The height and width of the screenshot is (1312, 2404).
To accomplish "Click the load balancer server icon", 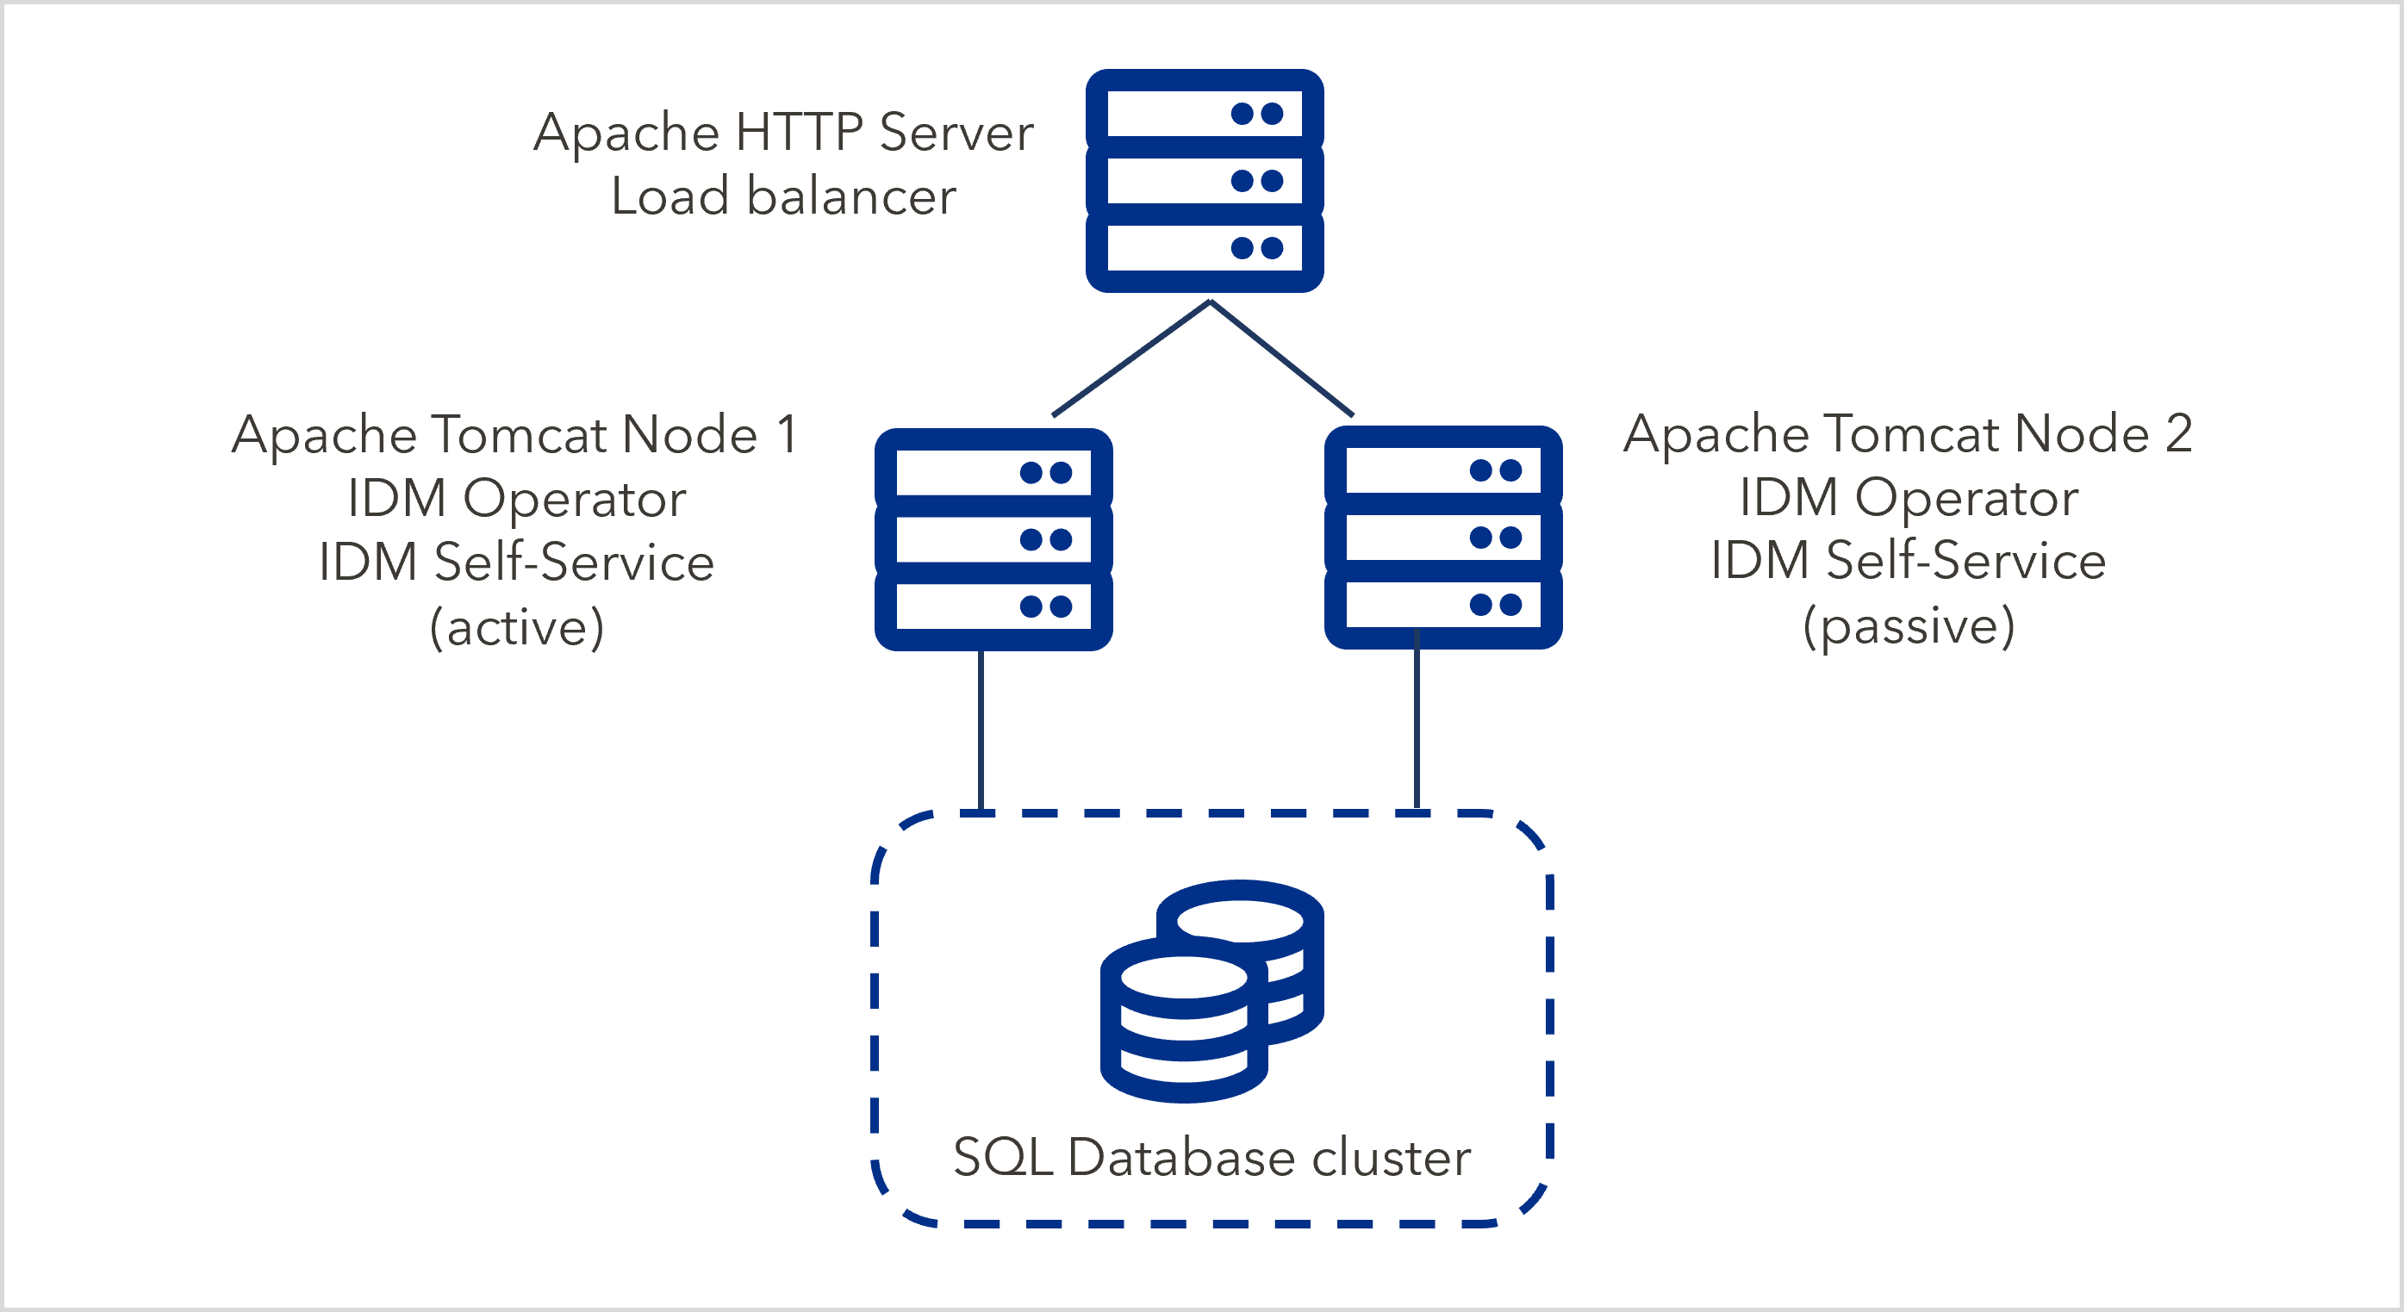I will click(x=1204, y=180).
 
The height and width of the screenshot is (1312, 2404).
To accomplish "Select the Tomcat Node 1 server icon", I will click(x=993, y=539).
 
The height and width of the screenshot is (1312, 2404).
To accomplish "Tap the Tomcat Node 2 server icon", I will click(x=1442, y=538).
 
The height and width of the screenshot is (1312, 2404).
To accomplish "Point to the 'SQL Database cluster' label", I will click(x=1211, y=1157).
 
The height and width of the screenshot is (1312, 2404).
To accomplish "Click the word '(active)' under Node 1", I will click(x=516, y=626).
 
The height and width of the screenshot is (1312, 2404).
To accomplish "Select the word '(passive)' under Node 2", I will click(x=1909, y=625).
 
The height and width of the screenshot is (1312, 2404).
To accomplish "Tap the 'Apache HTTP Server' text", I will click(x=783, y=132).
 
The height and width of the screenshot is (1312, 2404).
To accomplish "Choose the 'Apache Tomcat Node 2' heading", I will click(x=1908, y=434).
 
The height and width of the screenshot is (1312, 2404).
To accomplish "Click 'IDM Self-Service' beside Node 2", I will click(x=1909, y=561).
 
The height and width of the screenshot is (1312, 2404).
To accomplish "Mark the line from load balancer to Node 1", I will click(x=1131, y=358).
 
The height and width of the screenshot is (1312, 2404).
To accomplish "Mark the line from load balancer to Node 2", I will click(x=1282, y=358).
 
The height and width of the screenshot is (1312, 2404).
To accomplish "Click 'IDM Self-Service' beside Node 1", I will click(x=516, y=562).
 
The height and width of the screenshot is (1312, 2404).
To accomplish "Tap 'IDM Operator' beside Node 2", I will click(x=1909, y=497).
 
